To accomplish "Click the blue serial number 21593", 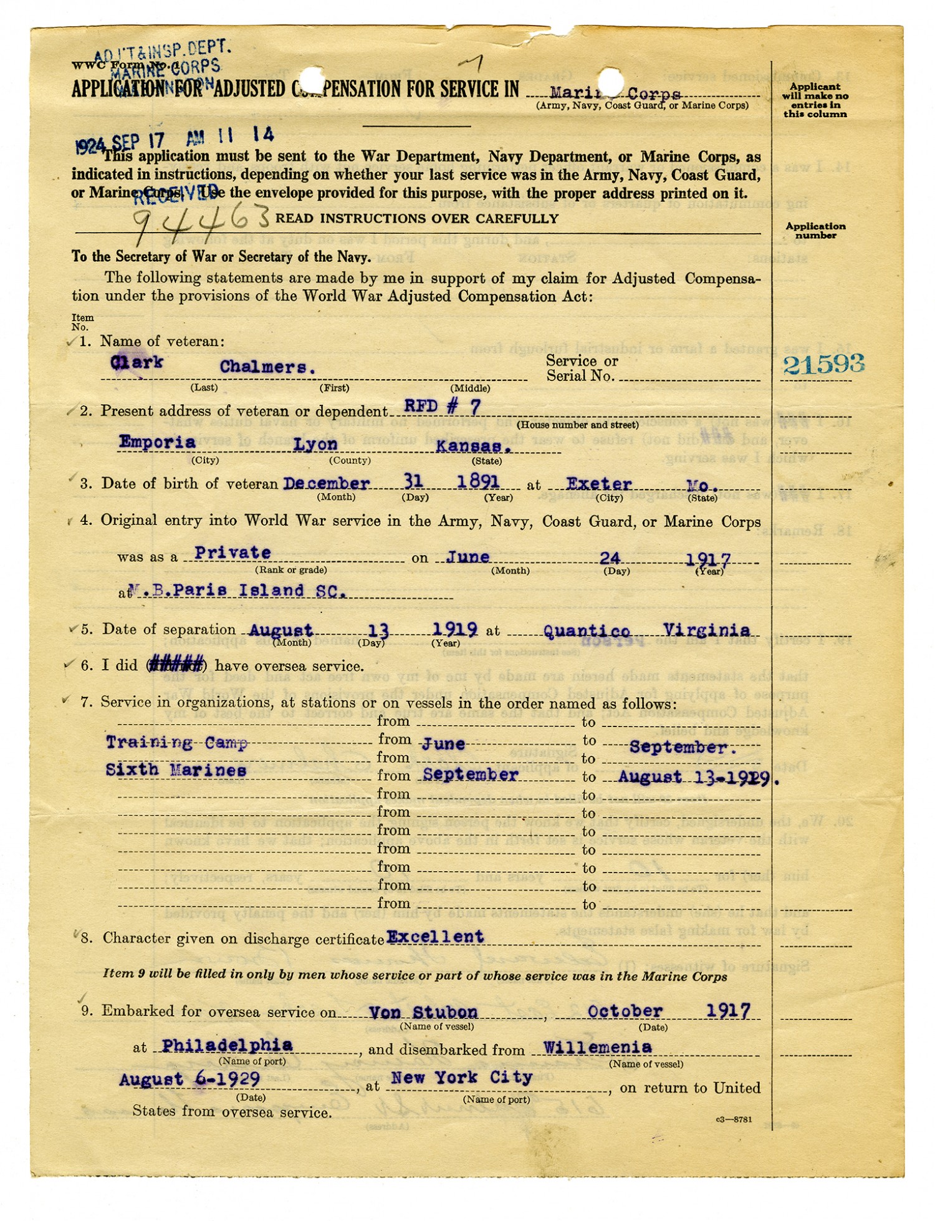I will coord(823,364).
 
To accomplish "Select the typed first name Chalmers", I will coord(267,367).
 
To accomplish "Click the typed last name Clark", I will coord(137,362).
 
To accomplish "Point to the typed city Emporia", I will coord(157,442).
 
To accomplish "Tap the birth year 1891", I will coord(478,481).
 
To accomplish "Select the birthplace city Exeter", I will coord(598,484).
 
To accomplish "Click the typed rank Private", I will coord(233,553).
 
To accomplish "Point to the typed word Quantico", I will coord(587,631).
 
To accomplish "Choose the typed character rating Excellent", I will coord(435,936).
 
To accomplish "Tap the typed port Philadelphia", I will coord(227,1045).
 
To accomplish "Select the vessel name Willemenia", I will coord(597,1047).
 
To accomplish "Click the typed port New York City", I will coord(461,1077).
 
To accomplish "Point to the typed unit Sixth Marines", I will coord(176,770).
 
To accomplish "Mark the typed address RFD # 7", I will coord(442,407).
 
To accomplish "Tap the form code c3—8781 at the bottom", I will coord(734,1119).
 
